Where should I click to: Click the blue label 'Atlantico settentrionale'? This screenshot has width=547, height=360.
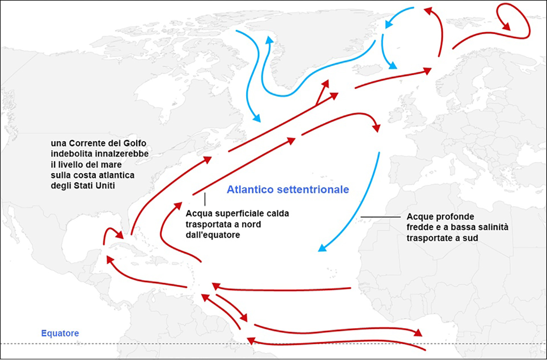pyautogui.click(x=288, y=190)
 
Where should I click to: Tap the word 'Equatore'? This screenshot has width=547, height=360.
pyautogui.click(x=60, y=333)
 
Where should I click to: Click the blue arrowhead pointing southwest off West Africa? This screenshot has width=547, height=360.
pyautogui.click(x=322, y=248)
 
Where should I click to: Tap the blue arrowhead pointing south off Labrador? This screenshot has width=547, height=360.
pyautogui.click(x=256, y=118)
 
